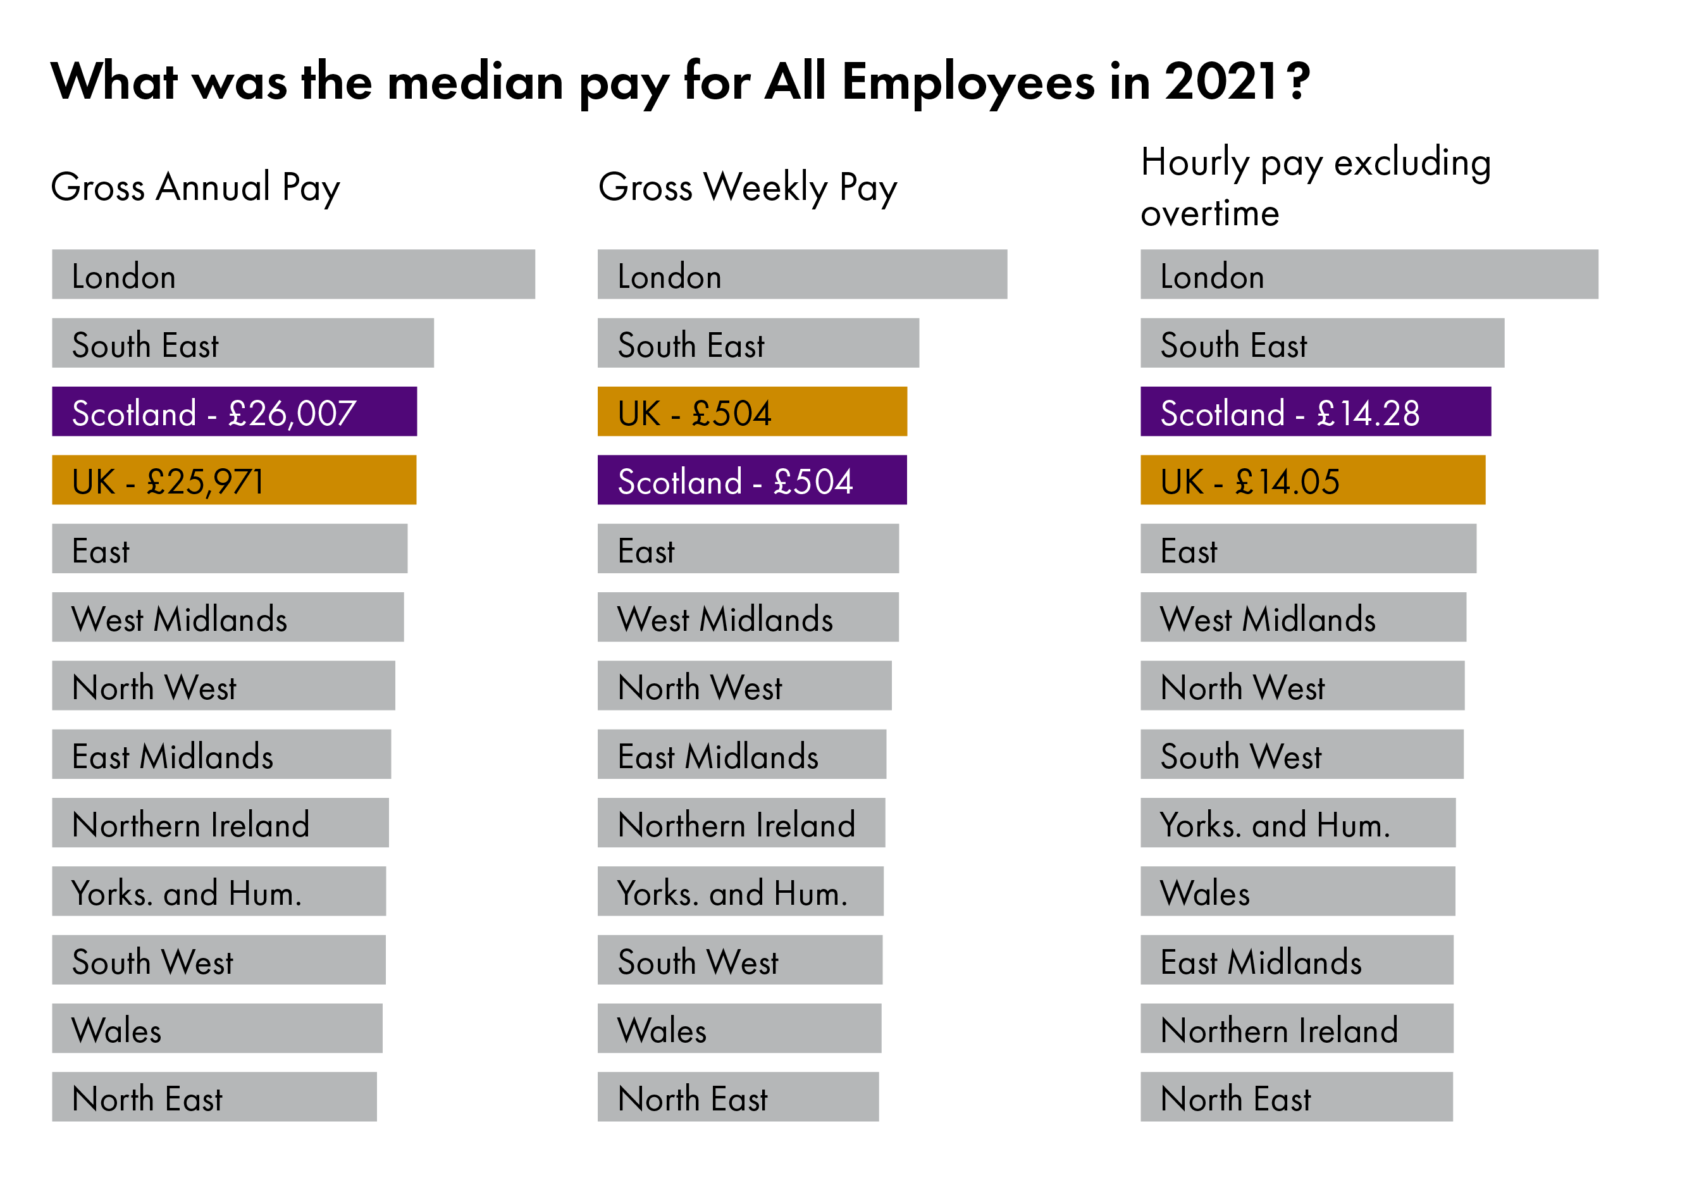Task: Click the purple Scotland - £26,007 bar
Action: (x=233, y=412)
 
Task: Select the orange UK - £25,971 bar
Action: (x=233, y=480)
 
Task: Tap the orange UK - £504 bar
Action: (x=751, y=412)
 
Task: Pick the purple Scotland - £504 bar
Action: (x=751, y=480)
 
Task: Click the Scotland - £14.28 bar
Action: (x=1315, y=412)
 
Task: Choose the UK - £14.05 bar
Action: (x=1313, y=480)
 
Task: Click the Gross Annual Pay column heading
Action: (x=195, y=187)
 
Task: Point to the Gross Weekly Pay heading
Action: (x=747, y=187)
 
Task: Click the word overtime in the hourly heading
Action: (x=1209, y=213)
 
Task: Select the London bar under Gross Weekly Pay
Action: (x=801, y=274)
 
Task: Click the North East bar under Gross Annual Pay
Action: (x=214, y=1097)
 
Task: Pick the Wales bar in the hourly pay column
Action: (x=1297, y=891)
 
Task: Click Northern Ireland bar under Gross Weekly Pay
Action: (x=741, y=823)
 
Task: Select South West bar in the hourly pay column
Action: (x=1301, y=754)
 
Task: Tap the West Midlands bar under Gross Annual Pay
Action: (x=227, y=618)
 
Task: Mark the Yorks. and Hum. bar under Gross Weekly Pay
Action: (x=740, y=891)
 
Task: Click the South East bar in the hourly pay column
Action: (x=1322, y=343)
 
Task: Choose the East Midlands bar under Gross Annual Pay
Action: (x=221, y=754)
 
